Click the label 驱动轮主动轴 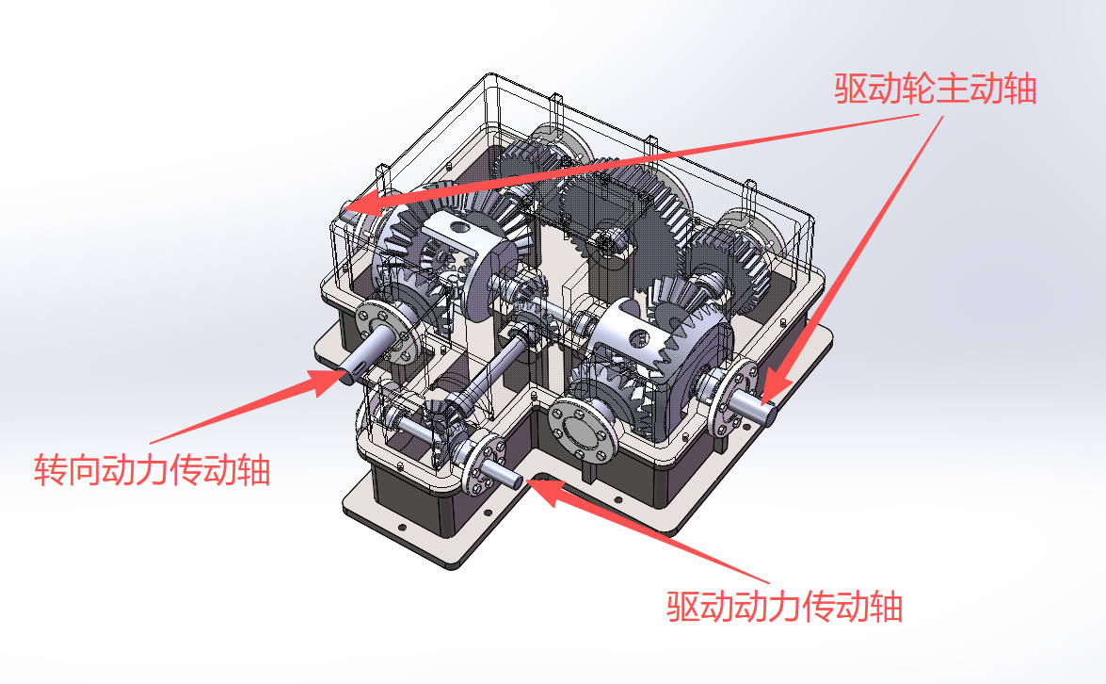(935, 89)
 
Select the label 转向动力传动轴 (152, 469)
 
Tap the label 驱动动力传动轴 (784, 606)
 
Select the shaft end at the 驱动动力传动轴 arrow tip (513, 478)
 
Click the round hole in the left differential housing (456, 228)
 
